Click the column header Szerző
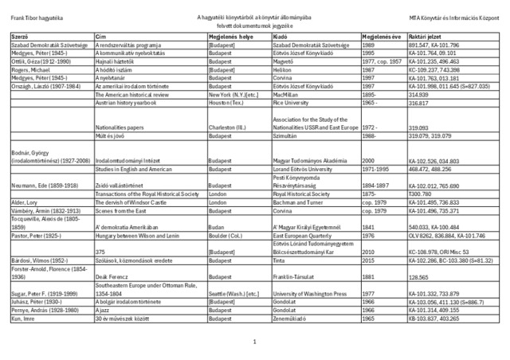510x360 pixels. point(18,37)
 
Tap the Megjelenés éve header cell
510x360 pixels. point(380,37)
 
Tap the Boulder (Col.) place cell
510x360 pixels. point(226,237)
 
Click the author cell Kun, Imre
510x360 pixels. point(25,319)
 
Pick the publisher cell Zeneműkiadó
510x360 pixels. point(292,319)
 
